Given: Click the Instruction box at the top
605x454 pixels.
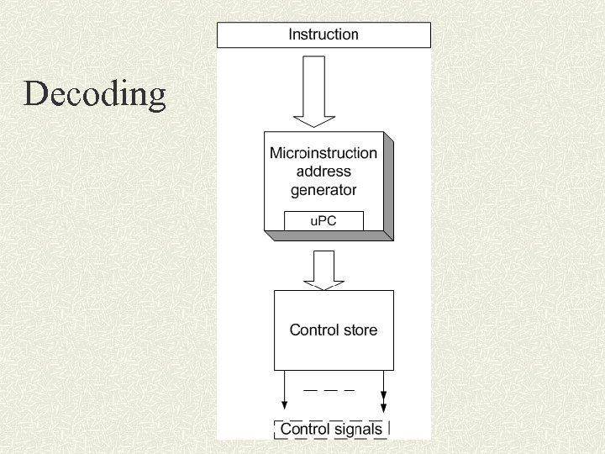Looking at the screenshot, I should pyautogui.click(x=324, y=35).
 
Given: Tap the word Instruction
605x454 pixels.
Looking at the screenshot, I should pyautogui.click(x=324, y=34).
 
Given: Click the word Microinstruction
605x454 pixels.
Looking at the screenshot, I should pyautogui.click(x=323, y=153).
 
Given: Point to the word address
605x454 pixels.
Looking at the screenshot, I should pyautogui.click(x=324, y=172).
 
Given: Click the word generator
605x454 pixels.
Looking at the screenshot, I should pyautogui.click(x=324, y=190).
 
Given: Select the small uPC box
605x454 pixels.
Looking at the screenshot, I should pyautogui.click(x=324, y=220).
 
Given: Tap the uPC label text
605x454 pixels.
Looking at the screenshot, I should pyautogui.click(x=324, y=221).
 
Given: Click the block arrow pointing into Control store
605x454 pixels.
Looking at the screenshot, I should pyautogui.click(x=323, y=270).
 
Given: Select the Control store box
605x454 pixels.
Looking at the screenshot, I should pyautogui.click(x=334, y=330).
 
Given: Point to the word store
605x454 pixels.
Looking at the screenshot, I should pyautogui.click(x=360, y=330).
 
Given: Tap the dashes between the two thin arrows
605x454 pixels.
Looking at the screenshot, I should pyautogui.click(x=329, y=391).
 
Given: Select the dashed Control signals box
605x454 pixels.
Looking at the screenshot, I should pyautogui.click(x=332, y=429).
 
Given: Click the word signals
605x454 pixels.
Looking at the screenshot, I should pyautogui.click(x=356, y=429).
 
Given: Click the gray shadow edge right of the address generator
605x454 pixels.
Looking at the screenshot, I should pyautogui.click(x=389, y=186).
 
